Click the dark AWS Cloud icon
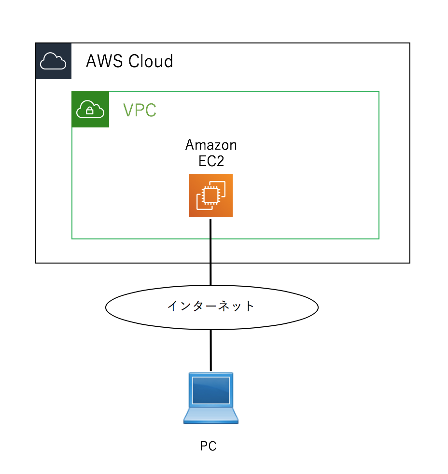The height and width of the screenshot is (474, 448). [53, 61]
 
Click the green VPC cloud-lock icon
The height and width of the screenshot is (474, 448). [90, 110]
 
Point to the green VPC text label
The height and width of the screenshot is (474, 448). [140, 110]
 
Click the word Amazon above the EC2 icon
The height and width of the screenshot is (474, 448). [211, 145]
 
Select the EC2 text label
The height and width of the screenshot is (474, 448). [211, 161]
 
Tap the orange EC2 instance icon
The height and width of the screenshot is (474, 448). [211, 195]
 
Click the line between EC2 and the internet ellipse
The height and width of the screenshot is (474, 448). [211, 251]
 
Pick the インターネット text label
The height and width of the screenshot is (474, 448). [211, 306]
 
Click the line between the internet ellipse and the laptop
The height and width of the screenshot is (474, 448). [211, 350]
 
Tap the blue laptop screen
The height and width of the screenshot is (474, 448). [211, 390]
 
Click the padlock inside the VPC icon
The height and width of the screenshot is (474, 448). [90, 111]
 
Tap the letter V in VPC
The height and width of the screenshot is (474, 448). [128, 110]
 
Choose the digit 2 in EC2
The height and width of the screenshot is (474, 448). [220, 161]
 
